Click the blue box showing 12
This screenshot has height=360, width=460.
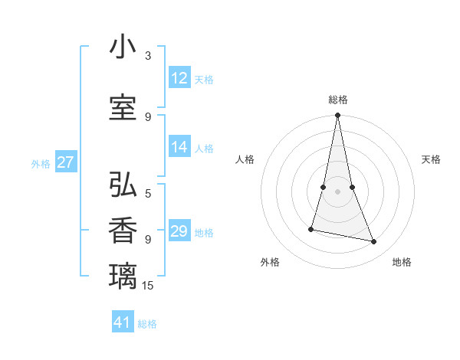click(179, 78)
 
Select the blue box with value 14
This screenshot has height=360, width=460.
click(179, 148)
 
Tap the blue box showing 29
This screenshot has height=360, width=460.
click(179, 231)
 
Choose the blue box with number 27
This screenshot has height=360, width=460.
click(66, 162)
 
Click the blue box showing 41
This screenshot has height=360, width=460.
click(123, 322)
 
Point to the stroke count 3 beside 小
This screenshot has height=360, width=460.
click(148, 56)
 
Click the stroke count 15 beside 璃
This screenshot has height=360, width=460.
click(148, 286)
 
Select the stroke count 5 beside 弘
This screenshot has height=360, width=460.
click(148, 193)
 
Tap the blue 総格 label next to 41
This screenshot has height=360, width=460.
click(147, 324)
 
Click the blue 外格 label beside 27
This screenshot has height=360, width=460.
click(41, 163)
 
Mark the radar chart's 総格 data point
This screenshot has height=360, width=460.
click(337, 116)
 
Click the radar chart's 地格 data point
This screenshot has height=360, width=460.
click(374, 242)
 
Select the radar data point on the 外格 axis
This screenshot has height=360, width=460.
click(311, 228)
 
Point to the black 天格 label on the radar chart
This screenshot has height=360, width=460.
click(431, 159)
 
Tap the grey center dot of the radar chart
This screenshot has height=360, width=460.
click(337, 191)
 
